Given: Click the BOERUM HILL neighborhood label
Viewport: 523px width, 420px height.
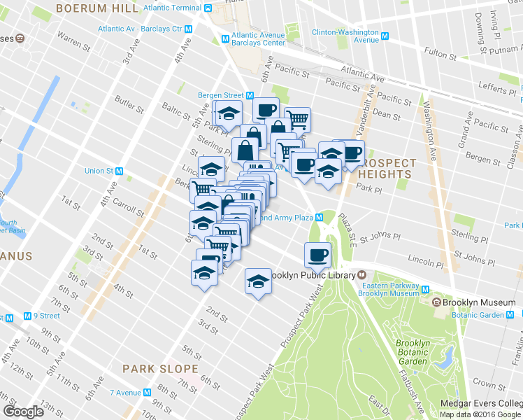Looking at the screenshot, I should pyautogui.click(x=98, y=8).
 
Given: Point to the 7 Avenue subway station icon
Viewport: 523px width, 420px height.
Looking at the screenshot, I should pyautogui.click(x=147, y=391).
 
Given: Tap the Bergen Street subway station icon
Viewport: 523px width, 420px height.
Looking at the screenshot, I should pyautogui.click(x=249, y=95).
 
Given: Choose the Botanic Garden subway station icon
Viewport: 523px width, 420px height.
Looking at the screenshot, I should pyautogui.click(x=517, y=316).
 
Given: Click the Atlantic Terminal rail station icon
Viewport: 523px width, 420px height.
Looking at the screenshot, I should pyautogui.click(x=208, y=8).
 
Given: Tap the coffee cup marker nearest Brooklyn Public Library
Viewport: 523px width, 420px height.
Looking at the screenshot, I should pyautogui.click(x=317, y=255).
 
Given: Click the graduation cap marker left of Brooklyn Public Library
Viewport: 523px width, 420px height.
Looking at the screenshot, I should pyautogui.click(x=258, y=281).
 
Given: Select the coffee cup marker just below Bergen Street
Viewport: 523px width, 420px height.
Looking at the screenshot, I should pyautogui.click(x=266, y=111).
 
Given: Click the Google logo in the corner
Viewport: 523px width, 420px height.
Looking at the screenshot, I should pyautogui.click(x=23, y=411).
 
